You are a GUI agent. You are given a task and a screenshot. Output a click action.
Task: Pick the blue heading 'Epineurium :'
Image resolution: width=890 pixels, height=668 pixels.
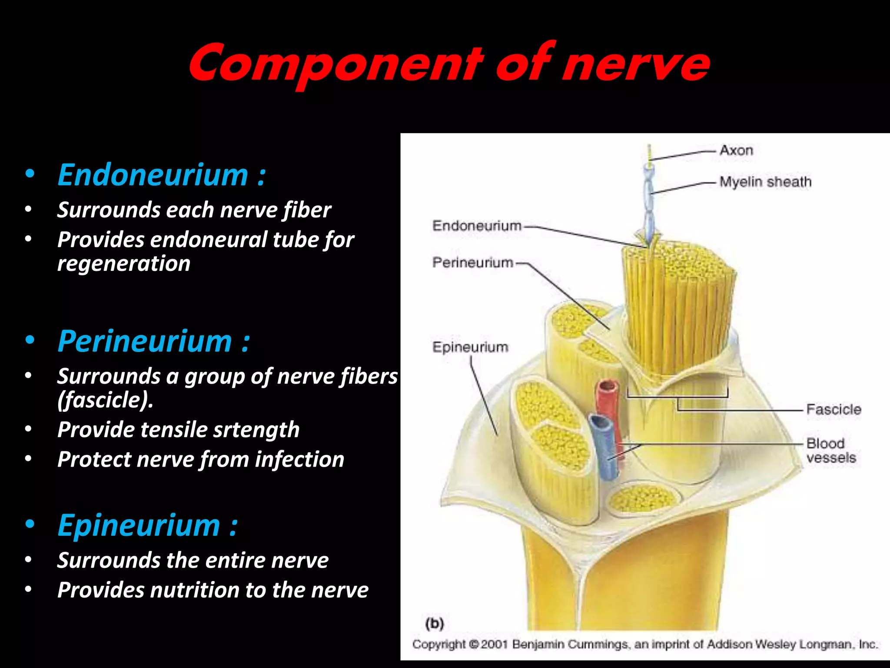click(147, 525)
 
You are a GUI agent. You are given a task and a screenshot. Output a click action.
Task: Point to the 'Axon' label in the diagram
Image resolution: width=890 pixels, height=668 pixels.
click(736, 150)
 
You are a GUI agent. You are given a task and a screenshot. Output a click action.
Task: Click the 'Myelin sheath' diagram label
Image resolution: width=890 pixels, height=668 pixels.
click(765, 182)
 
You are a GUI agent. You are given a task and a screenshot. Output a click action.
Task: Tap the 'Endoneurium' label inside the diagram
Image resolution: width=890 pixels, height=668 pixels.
click(477, 226)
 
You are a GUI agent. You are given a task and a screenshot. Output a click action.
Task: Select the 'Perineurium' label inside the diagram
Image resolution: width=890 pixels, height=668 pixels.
click(473, 263)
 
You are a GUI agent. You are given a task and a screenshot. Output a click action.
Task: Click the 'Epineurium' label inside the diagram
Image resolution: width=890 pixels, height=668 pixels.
click(470, 347)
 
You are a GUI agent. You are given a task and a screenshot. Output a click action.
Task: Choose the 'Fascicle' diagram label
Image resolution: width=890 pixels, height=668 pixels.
click(834, 409)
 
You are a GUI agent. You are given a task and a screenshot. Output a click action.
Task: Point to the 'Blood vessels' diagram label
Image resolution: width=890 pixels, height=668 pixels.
click(830, 451)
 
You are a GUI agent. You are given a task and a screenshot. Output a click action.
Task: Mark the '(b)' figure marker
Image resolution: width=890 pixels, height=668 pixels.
click(435, 624)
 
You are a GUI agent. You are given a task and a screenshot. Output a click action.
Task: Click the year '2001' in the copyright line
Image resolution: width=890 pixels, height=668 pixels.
click(494, 644)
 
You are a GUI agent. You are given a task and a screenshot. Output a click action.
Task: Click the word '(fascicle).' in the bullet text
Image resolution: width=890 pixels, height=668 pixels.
click(105, 400)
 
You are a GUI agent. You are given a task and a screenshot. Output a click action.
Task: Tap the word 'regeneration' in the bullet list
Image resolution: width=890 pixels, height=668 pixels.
click(124, 264)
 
